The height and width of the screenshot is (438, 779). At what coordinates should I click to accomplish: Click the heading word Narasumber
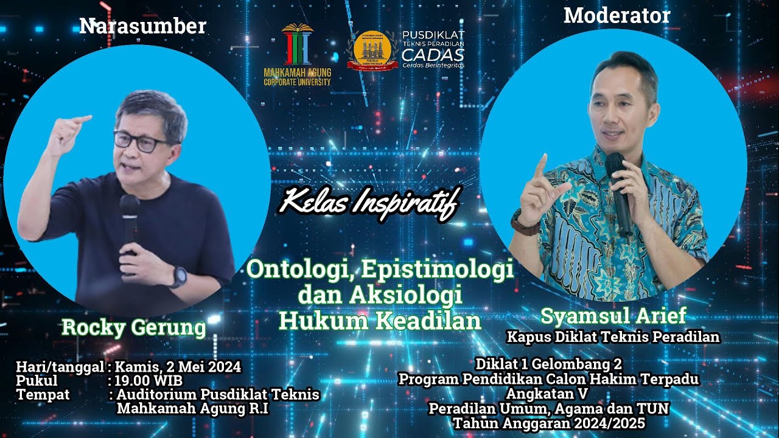[142, 26]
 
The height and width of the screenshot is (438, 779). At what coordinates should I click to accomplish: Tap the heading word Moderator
[617, 16]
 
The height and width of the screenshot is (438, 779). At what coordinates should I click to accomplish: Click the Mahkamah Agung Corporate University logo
[298, 55]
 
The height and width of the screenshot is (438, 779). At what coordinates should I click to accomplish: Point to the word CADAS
[433, 54]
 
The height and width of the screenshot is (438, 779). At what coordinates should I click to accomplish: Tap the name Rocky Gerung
[134, 327]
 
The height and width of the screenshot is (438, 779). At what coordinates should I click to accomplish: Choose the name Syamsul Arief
[613, 316]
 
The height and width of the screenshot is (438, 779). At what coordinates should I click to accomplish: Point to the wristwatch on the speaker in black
[178, 276]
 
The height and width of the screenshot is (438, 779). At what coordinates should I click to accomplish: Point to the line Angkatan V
[548, 393]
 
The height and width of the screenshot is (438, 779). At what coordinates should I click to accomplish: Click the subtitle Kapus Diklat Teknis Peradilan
[613, 336]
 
